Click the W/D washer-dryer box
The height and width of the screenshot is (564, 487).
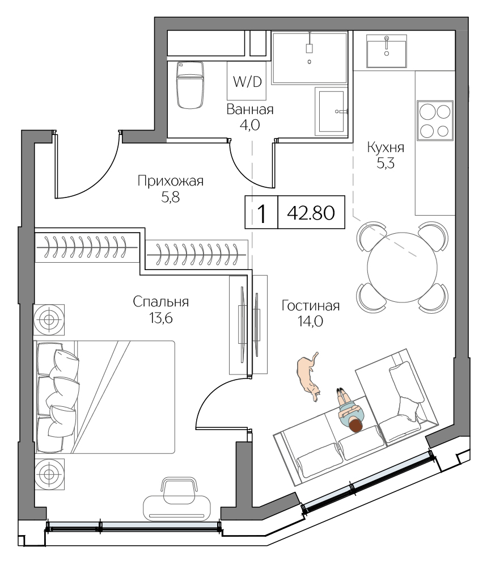[247, 81]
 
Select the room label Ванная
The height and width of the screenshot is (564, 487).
[250, 110]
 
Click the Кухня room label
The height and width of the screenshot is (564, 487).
[386, 148]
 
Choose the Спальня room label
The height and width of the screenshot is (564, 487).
[161, 302]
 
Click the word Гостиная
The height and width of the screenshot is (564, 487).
[310, 306]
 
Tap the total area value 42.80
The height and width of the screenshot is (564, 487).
[311, 213]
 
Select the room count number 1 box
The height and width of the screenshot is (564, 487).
[261, 213]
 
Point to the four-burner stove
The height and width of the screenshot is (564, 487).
[435, 120]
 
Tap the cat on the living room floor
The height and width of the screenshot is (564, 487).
[308, 377]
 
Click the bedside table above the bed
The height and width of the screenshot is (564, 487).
[49, 319]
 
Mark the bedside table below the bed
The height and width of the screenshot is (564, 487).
[49, 472]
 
